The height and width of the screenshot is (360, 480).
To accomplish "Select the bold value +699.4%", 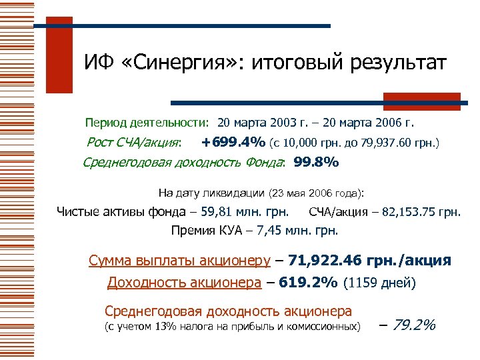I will [233, 142].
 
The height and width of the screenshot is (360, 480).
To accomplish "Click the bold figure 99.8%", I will [316, 162].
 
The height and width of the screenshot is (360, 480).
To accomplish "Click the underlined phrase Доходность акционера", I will [184, 283].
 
